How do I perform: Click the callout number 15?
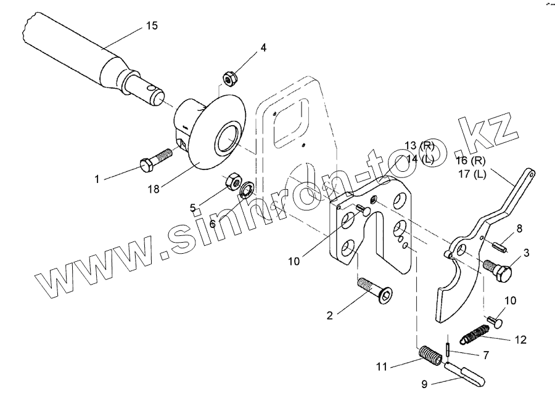point(152,25)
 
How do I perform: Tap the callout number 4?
point(263,47)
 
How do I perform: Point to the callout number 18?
point(153,189)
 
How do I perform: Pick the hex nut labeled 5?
point(233,181)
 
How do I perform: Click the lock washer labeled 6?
point(248,188)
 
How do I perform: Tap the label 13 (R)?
point(419,145)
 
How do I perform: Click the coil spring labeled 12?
point(474,336)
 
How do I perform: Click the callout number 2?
point(330,315)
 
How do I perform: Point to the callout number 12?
point(522,339)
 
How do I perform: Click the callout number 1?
point(97,179)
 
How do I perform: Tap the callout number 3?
point(527,253)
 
